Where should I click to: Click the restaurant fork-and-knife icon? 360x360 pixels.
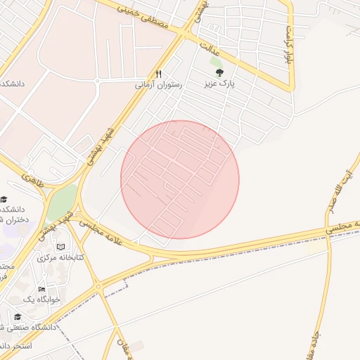pos(159,74)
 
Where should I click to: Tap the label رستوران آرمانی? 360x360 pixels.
pos(159,84)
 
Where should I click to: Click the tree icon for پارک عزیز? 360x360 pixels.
pos(219,72)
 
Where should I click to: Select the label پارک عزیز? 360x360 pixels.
pos(219,84)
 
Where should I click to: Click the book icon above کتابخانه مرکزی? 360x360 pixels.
pos(61,247)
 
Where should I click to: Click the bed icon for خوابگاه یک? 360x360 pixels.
pos(41,289)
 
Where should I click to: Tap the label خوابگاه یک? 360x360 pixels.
pos(42,299)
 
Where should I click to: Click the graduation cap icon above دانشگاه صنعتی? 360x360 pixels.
pos(18,316)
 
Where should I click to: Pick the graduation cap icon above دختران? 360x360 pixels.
pos(4,199)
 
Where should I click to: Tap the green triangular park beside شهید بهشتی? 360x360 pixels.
pos(62,202)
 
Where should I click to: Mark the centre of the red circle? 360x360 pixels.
pos(180,179)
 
